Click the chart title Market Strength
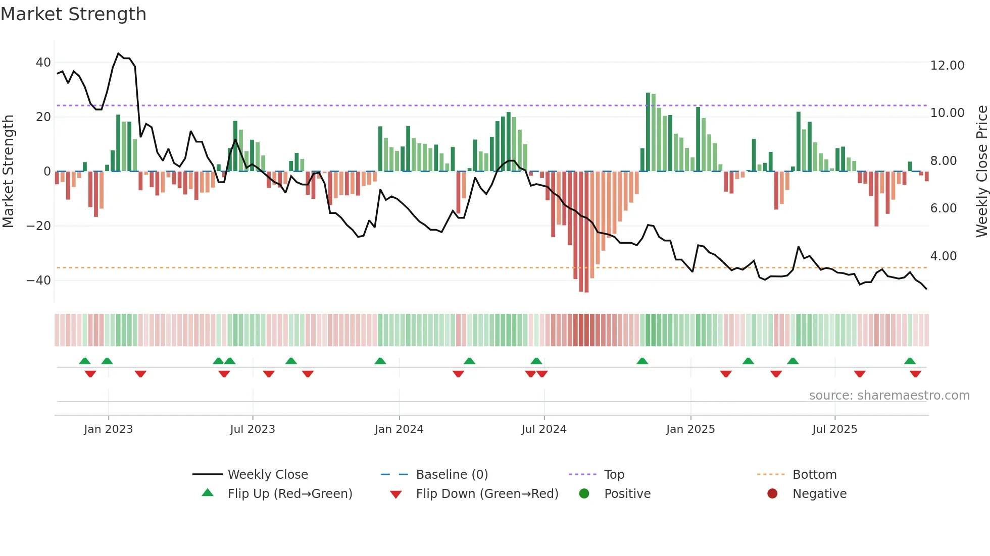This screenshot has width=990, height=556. point(73,14)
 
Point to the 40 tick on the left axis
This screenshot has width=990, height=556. point(43,63)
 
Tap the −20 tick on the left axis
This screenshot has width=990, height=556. point(38,226)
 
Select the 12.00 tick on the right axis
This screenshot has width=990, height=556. point(947,66)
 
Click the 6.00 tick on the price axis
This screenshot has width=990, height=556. point(943,208)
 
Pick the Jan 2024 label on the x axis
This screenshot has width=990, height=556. point(399,429)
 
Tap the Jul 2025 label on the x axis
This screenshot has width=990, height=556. point(834,429)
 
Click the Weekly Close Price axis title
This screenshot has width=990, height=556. point(981,172)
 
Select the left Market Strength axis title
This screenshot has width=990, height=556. point(8,172)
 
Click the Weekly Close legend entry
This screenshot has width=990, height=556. point(267,475)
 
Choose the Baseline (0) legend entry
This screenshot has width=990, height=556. point(452,475)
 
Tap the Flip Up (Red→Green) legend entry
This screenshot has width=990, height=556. point(289,494)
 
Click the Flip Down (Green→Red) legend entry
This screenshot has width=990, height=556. point(487,494)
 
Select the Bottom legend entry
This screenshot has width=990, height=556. point(814,475)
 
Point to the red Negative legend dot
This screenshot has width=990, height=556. point(772,494)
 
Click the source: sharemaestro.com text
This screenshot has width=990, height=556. point(889,396)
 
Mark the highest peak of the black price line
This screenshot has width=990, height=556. point(118,53)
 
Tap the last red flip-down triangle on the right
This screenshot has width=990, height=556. point(915,374)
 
